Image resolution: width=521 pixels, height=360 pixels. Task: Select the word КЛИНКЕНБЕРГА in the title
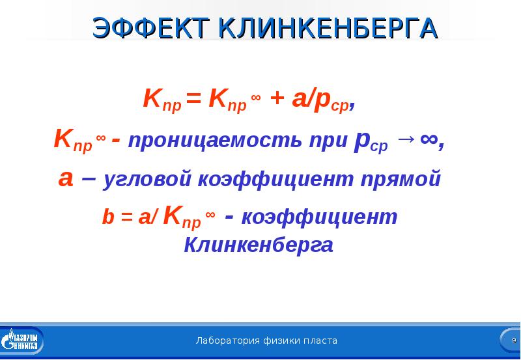(329, 27)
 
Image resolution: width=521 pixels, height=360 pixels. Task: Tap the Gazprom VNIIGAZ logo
(21, 340)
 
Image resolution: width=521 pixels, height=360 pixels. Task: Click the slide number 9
(514, 340)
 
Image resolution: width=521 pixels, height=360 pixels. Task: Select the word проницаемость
(215, 141)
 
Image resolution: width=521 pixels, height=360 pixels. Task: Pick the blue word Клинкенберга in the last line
(259, 245)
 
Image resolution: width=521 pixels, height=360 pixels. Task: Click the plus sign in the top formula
(278, 98)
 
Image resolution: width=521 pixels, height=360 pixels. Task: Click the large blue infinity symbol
(429, 141)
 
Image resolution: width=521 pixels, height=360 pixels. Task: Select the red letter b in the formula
(108, 217)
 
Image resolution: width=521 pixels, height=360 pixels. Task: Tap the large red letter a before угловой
(66, 180)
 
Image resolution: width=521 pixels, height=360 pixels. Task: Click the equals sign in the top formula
(194, 99)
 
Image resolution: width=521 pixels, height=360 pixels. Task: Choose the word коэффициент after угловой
(275, 179)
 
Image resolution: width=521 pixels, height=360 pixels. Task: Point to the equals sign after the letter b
(126, 218)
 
